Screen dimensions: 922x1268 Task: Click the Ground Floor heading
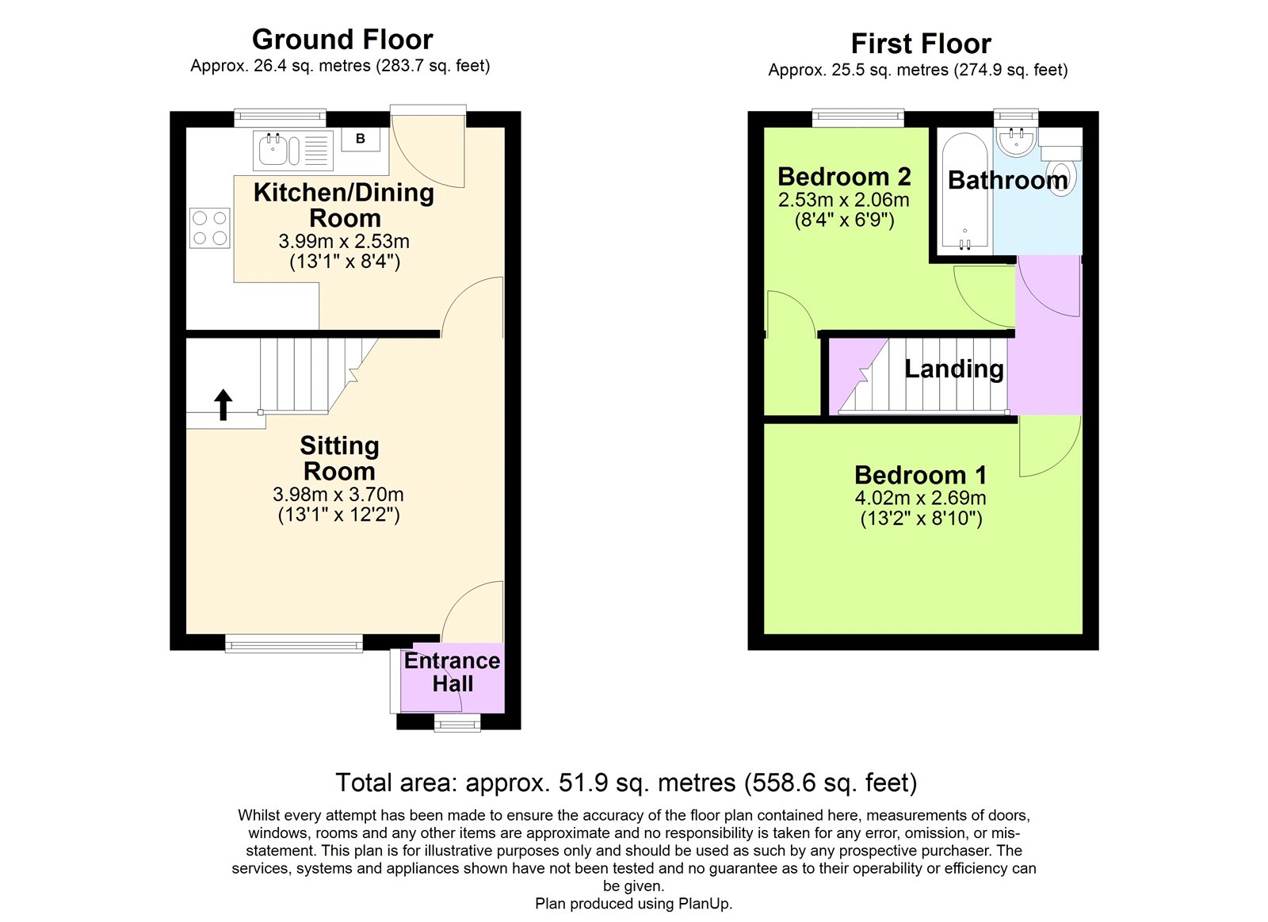tap(342, 40)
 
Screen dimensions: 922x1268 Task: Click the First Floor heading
tap(920, 44)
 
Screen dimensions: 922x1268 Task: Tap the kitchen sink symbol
tap(274, 150)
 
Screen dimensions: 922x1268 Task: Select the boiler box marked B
tap(361, 140)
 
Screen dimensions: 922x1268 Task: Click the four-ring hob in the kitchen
tap(210, 228)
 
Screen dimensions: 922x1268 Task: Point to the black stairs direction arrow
tap(223, 404)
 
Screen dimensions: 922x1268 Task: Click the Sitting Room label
tap(339, 458)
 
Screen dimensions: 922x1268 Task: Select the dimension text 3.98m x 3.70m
tap(338, 495)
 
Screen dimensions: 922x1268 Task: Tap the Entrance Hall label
tap(452, 672)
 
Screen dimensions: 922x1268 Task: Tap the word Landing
tap(954, 369)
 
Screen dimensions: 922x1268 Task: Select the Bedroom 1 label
tap(921, 475)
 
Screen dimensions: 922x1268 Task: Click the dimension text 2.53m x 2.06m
tap(843, 201)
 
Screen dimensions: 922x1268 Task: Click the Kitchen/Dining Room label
tap(344, 205)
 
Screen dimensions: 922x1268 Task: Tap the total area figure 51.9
tap(583, 782)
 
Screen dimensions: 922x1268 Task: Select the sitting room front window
tap(294, 643)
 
